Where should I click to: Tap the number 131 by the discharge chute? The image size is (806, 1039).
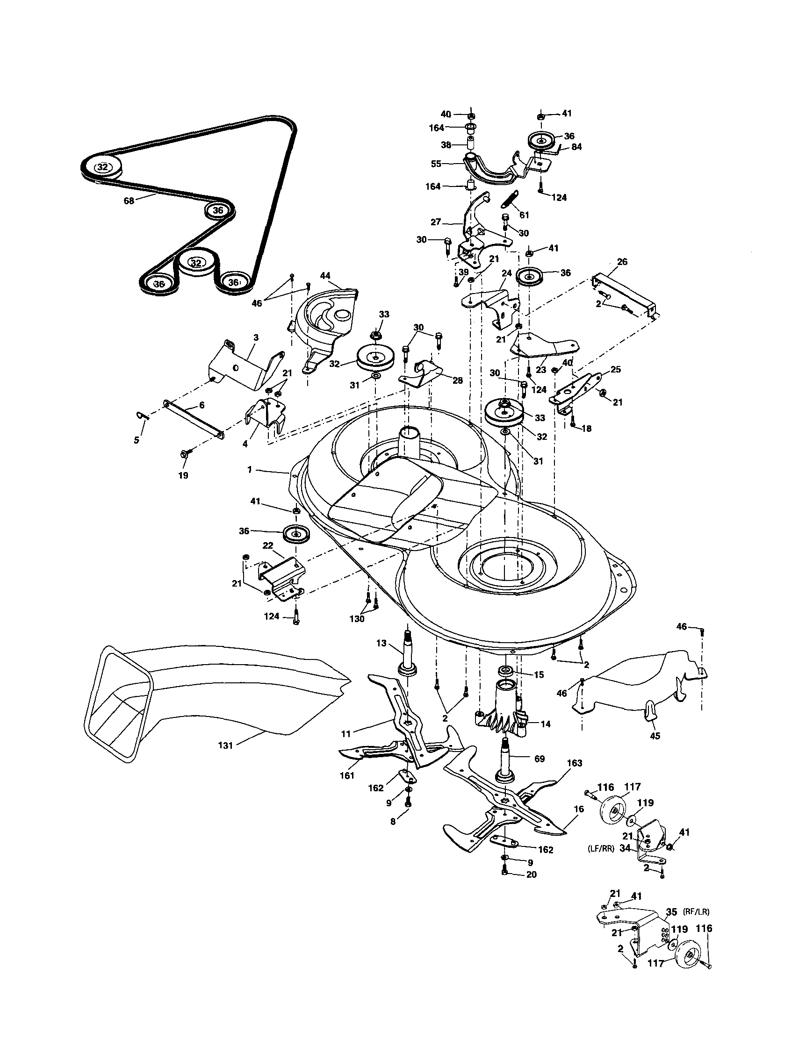pos(225,745)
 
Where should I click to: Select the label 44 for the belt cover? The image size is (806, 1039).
pos(325,275)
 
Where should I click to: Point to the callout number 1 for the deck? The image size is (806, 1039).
pos(249,470)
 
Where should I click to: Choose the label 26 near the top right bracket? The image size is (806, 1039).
pos(622,262)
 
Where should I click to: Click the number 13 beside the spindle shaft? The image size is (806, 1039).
pos(381,643)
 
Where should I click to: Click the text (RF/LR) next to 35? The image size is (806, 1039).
pos(696,912)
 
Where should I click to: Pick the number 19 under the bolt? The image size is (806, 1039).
pos(183,475)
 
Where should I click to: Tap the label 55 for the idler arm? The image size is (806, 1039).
pos(436,163)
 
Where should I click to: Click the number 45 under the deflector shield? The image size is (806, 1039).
pos(655,736)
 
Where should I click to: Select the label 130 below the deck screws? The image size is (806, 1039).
pos(357,618)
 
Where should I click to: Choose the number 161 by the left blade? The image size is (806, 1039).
pos(347,775)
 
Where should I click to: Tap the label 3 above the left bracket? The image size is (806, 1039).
pos(256,337)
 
